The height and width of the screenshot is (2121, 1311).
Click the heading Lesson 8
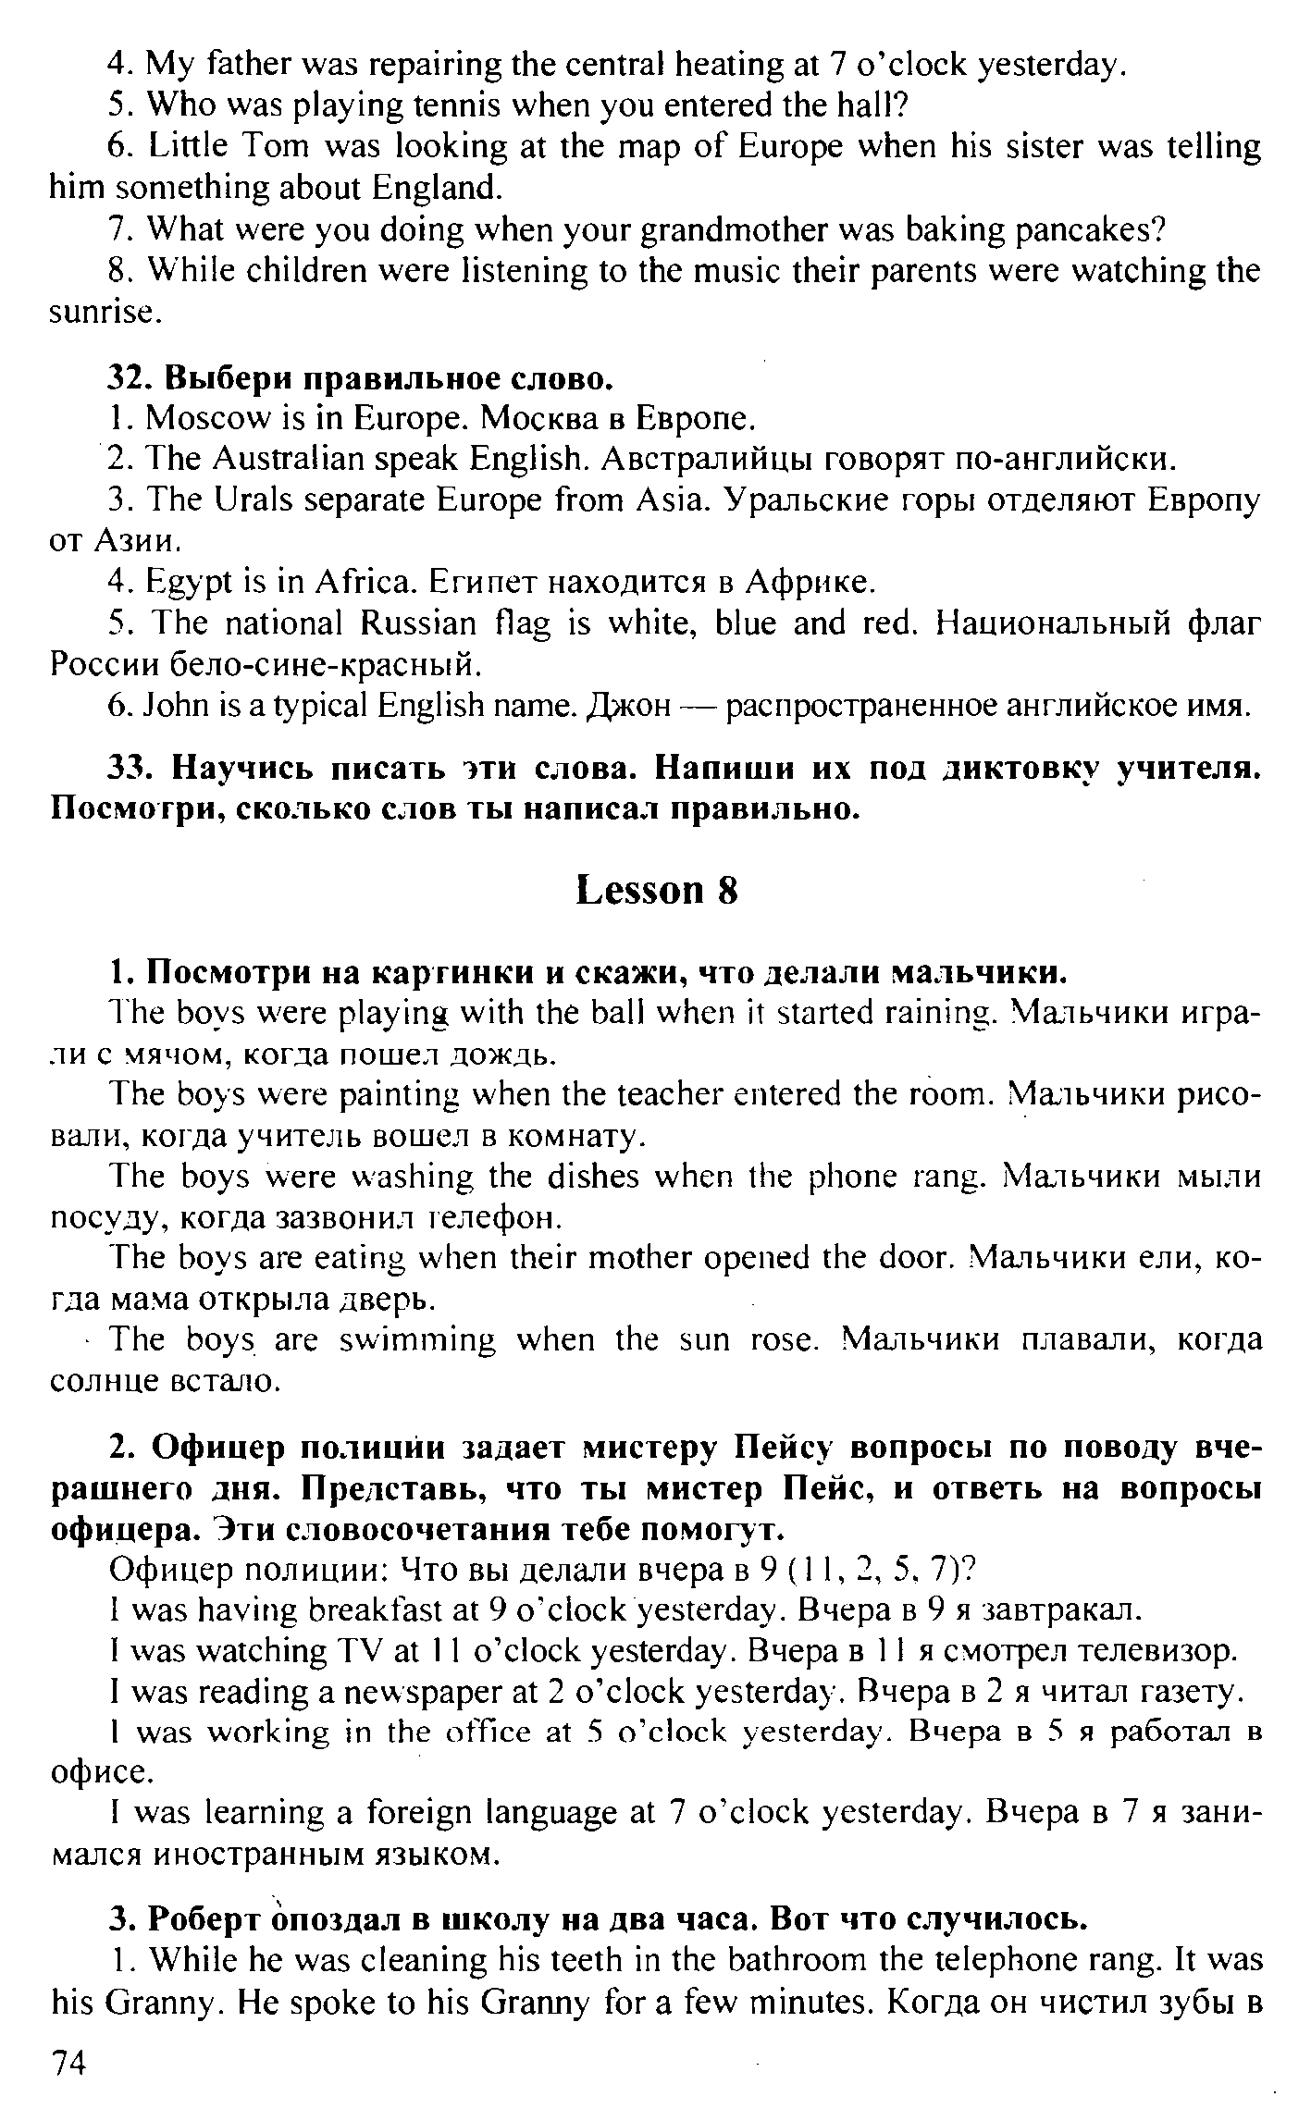[x=657, y=891]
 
